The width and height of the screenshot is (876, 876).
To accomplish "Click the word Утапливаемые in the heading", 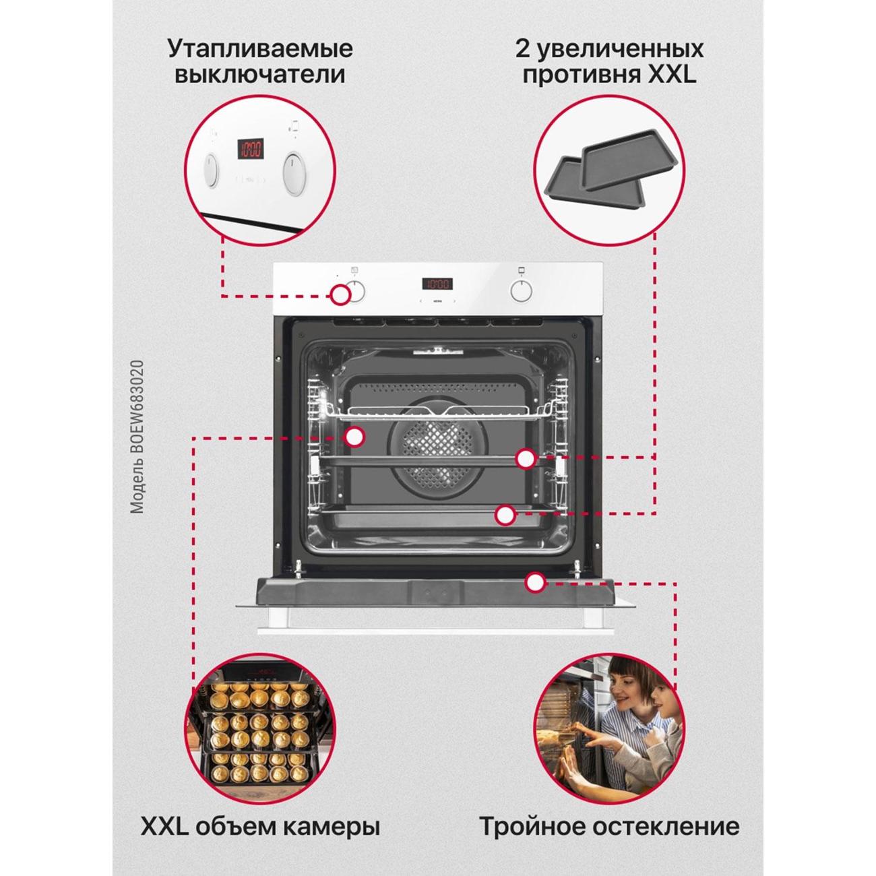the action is click(261, 50).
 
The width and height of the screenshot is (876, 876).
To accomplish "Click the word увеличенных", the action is click(620, 50).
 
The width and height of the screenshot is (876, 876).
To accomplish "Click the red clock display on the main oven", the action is click(437, 284).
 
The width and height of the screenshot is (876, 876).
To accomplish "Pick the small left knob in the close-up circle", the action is click(212, 171).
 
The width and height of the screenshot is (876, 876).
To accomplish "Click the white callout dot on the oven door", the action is click(536, 582).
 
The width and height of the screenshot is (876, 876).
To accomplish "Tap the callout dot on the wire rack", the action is click(354, 437).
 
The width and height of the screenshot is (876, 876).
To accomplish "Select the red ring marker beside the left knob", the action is click(340, 296).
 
